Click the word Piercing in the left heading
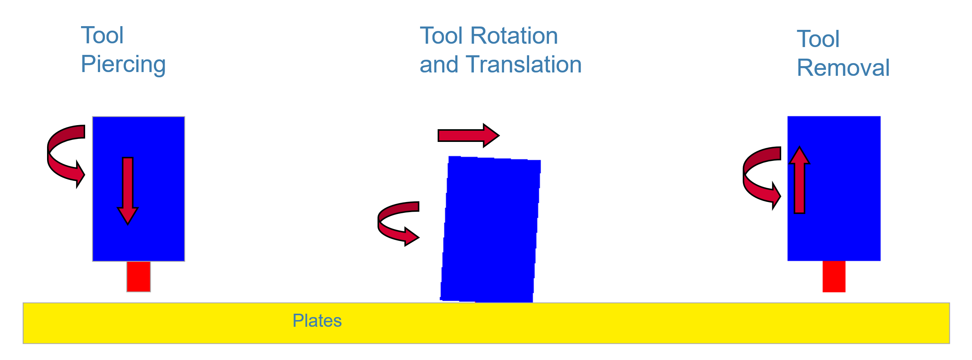coord(123,65)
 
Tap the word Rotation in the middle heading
coord(514,36)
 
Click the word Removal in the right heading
coord(843,68)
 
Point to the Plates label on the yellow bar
coord(317,321)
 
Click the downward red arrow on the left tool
coord(128,190)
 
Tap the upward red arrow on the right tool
coord(799,180)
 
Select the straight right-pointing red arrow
coord(469,135)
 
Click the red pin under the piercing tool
coord(139,277)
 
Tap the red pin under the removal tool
coord(834,276)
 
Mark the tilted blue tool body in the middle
coord(491,229)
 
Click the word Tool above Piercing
coord(102,35)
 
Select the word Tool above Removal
coord(818,39)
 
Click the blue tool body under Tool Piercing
coord(139,189)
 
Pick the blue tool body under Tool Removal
coord(834,188)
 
